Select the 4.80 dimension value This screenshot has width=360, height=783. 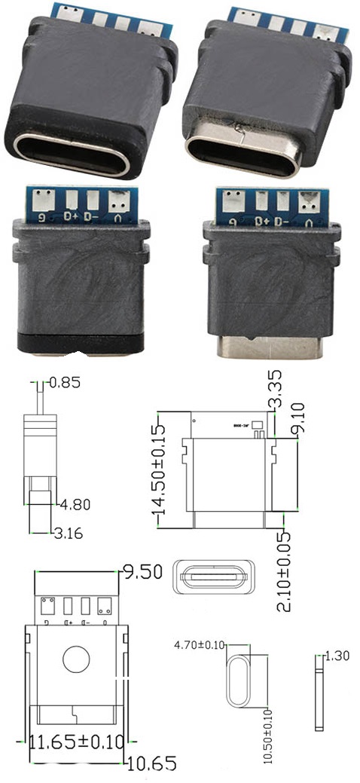(x=73, y=503)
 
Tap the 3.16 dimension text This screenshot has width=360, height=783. (x=68, y=534)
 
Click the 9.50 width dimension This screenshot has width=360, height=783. (x=143, y=572)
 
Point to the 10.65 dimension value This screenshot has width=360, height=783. (x=151, y=763)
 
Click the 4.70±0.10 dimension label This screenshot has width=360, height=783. (x=200, y=646)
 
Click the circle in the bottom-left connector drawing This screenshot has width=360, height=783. (x=76, y=659)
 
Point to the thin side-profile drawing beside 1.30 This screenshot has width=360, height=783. (x=319, y=692)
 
